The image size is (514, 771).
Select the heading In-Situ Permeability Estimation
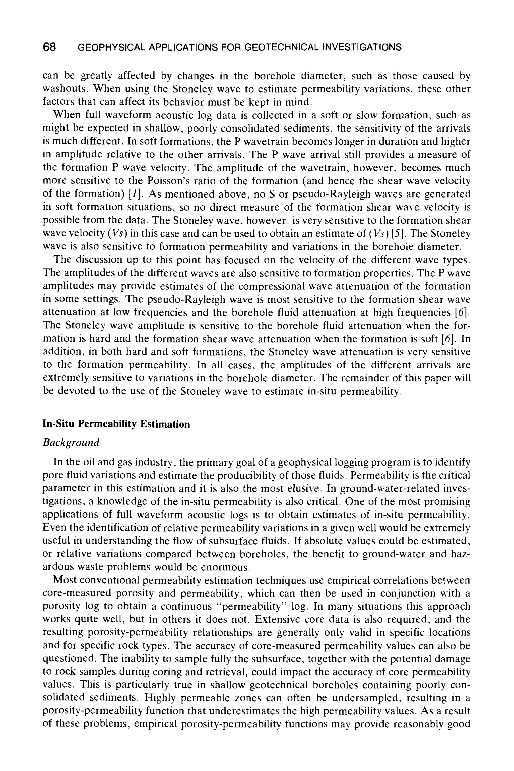click(x=116, y=424)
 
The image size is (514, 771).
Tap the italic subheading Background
click(x=71, y=443)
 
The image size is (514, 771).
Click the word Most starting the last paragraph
click(x=65, y=580)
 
